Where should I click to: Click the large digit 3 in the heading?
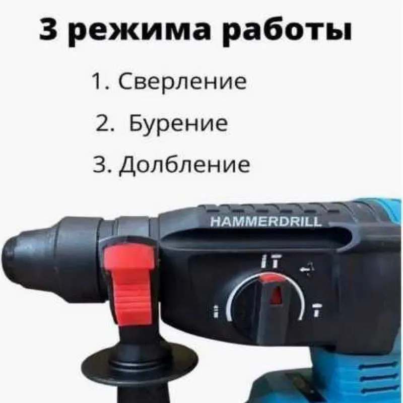[x=52, y=31]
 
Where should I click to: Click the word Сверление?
[x=182, y=82]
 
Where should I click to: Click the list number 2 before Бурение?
[x=103, y=123]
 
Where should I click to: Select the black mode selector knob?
[x=267, y=307]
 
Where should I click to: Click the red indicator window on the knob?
[x=277, y=295]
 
